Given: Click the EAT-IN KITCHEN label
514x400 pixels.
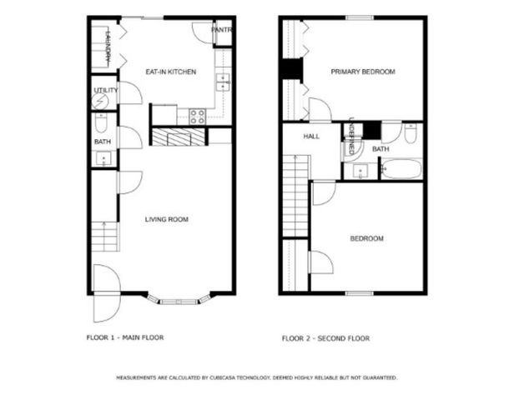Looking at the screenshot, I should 170,72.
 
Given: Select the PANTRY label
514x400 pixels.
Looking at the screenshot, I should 221,30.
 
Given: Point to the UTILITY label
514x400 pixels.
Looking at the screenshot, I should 105,90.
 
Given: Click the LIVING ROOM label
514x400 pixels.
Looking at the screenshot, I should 166,220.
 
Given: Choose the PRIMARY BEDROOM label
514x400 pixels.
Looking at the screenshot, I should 362,72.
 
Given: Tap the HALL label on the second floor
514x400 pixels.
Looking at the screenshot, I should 311,137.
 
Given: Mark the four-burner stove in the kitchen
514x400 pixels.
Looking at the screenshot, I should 197,117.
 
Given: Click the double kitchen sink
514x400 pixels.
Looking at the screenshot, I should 223,81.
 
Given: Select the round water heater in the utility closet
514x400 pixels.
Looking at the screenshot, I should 99,102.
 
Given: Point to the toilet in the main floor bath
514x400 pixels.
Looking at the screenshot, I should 100,124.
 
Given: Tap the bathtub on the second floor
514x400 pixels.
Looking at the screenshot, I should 401,169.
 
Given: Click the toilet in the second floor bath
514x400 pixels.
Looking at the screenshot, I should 411,134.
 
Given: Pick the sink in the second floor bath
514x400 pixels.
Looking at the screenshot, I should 360,171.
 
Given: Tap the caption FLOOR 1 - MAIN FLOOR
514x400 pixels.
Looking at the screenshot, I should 125,338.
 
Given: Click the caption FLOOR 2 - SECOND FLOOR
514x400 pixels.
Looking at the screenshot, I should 325,338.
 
